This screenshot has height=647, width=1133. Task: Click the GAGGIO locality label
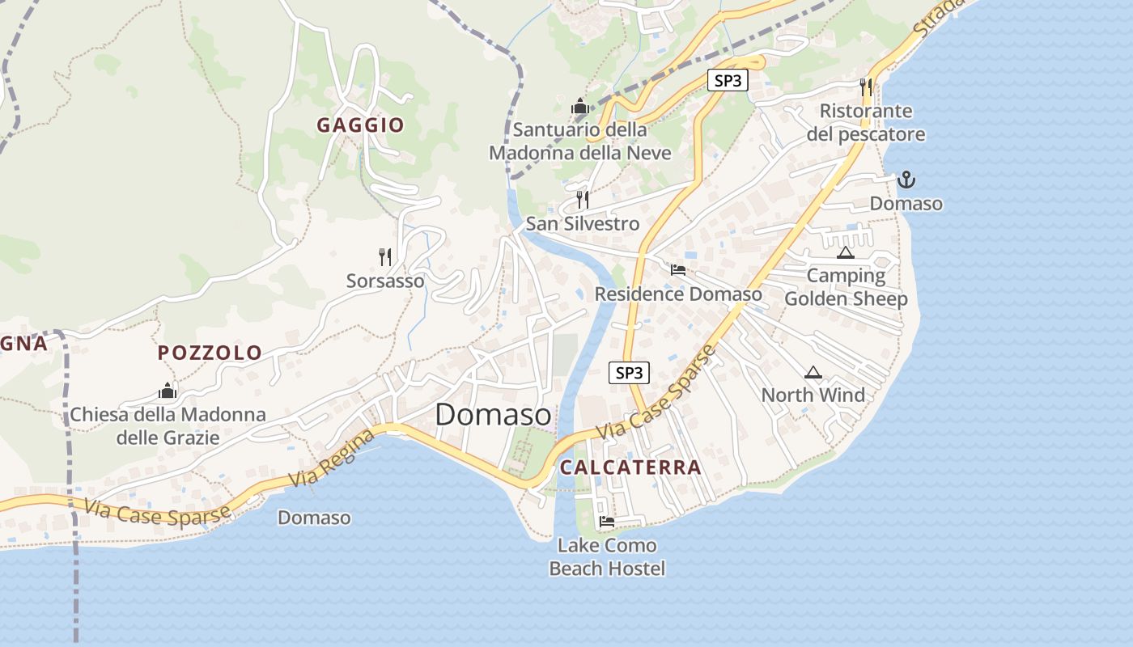coord(360,125)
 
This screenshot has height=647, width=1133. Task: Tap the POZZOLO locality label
coord(210,353)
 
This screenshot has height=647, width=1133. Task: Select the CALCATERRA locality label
coord(630,467)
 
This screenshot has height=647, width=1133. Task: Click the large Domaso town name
coord(494,415)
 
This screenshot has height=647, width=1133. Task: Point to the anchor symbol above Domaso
coord(906,180)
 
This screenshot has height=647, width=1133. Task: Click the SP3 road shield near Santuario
coord(727,81)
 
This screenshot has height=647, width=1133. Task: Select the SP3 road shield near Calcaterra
coord(629,373)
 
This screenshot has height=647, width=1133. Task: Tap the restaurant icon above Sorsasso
coord(385,257)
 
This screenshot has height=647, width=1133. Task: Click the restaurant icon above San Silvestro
coord(583,199)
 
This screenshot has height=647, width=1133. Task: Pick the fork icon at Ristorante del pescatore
coord(866,87)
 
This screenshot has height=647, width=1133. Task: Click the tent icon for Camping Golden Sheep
coord(846,253)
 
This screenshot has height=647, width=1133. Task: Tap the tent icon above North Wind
coord(813,373)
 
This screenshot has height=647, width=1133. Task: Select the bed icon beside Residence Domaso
coord(678,270)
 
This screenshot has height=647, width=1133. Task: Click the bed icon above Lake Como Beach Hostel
coord(607,521)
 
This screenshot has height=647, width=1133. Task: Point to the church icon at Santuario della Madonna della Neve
coord(579,106)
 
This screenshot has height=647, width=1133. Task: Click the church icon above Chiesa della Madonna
coord(168,391)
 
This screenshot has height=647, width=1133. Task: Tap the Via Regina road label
coord(336,459)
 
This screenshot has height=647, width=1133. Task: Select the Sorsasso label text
coord(385,281)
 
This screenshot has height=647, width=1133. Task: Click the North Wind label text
coord(813,395)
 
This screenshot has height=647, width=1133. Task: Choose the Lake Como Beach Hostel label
coord(607,557)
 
